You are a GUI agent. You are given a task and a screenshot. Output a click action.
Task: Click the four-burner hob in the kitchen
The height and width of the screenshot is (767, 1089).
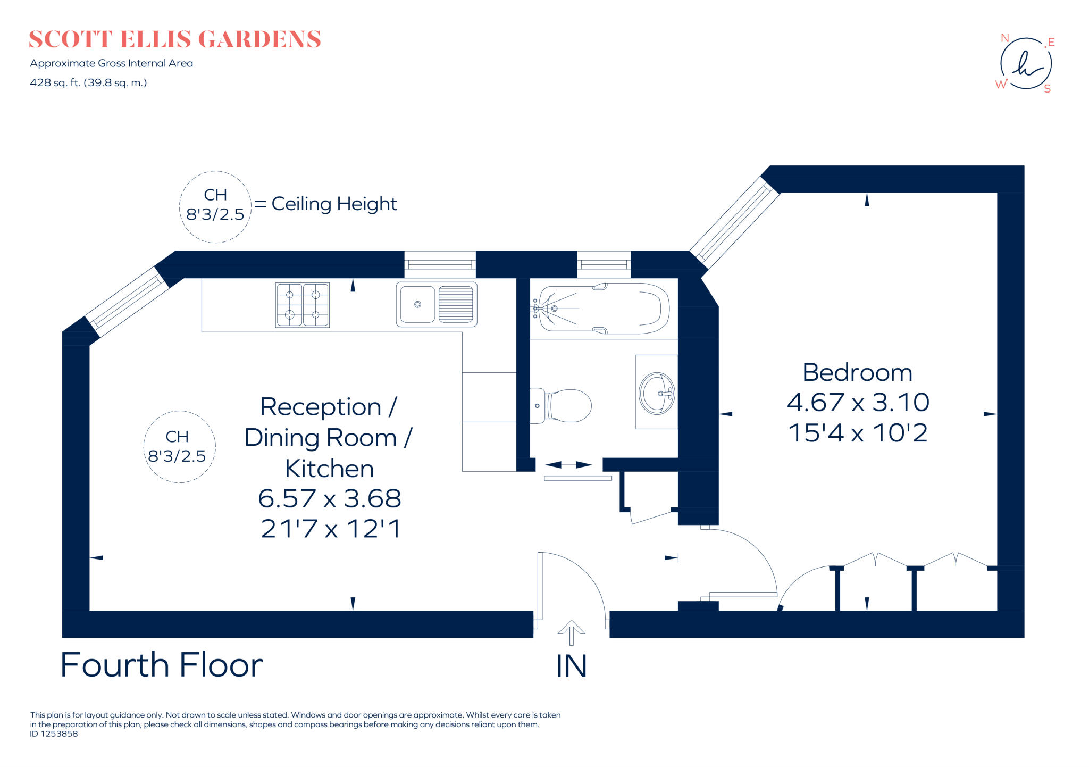(302, 305)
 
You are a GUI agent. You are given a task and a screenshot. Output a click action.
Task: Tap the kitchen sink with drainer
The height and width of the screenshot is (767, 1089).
(437, 304)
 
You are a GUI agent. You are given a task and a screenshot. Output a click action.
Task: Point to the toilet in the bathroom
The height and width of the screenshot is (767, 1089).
(562, 406)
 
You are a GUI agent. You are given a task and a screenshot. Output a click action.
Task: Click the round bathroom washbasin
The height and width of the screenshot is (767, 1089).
(657, 393)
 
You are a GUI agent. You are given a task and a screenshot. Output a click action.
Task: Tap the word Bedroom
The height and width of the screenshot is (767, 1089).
(857, 372)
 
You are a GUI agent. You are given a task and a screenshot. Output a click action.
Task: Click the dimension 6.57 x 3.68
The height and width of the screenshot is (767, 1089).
(329, 498)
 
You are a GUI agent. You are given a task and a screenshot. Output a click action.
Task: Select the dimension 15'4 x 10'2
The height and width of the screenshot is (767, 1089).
(858, 433)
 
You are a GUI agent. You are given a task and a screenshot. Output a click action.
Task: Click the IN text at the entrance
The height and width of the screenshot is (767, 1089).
(571, 666)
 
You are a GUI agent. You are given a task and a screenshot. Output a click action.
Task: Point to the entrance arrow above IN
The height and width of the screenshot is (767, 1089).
(571, 632)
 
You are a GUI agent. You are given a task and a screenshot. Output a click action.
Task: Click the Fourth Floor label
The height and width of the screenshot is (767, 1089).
(162, 665)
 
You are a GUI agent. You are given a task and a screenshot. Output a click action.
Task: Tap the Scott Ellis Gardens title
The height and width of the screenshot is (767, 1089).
(175, 39)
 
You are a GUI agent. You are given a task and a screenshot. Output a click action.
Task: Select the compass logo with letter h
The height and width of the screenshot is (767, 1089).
(1026, 64)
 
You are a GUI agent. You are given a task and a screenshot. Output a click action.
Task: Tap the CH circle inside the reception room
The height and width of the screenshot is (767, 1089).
(179, 447)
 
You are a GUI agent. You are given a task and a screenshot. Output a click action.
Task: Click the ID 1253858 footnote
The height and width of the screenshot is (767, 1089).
(54, 734)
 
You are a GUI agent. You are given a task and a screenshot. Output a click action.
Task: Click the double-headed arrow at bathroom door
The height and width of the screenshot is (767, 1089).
(568, 465)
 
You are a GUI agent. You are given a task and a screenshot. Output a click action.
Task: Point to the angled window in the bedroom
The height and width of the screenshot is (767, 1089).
(734, 223)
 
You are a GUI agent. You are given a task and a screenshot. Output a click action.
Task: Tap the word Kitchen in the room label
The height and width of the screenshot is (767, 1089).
(329, 469)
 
